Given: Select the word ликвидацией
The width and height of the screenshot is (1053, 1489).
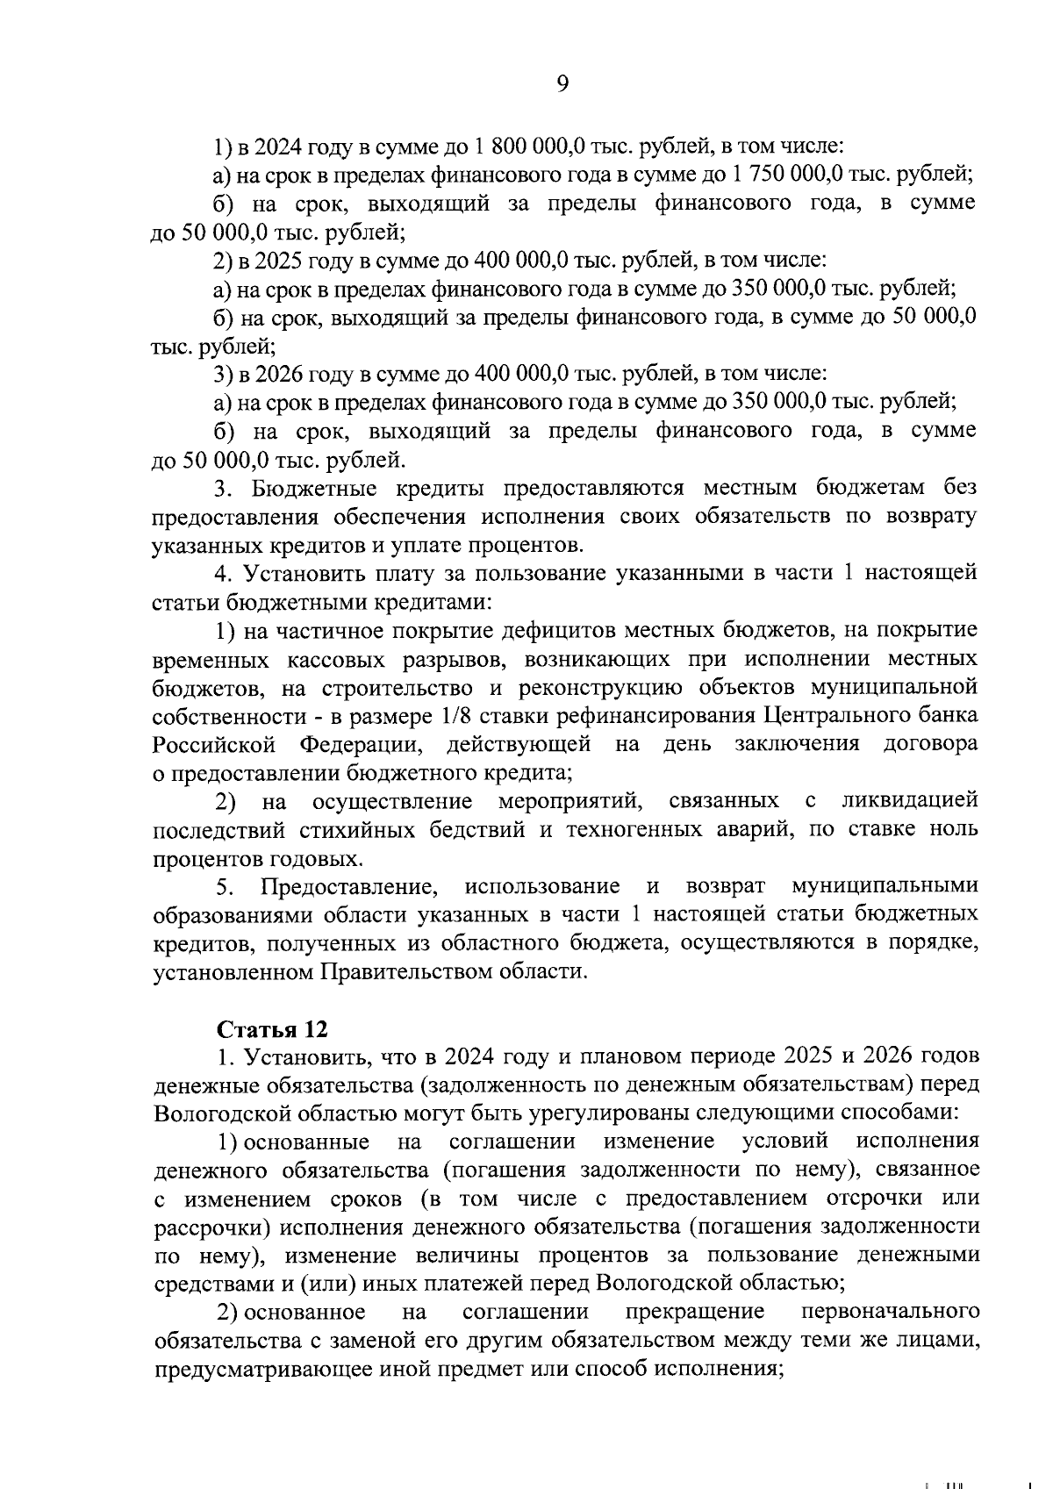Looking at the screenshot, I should click(x=910, y=801).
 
